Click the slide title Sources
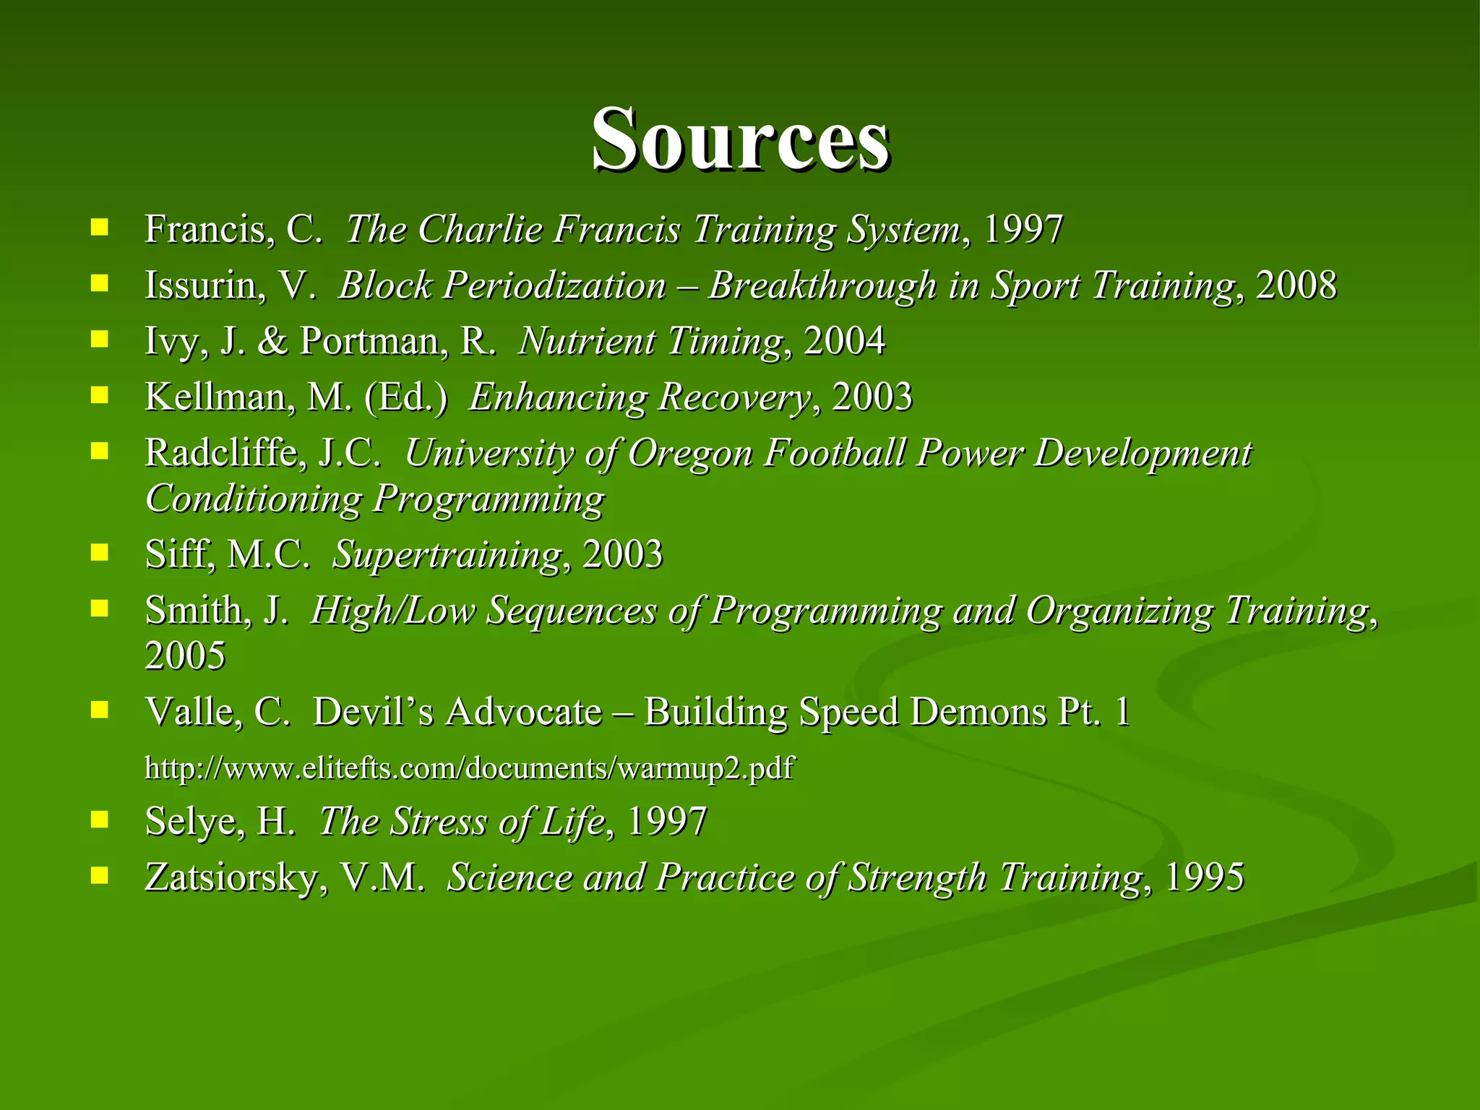[x=740, y=139]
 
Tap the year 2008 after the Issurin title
[x=1296, y=285]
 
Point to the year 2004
[x=844, y=341]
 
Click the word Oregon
[x=691, y=454]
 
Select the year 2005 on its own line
[x=185, y=656]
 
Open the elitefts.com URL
[x=469, y=767]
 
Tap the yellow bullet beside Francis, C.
[x=100, y=228]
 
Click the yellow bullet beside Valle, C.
[x=100, y=710]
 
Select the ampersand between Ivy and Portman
[x=272, y=341]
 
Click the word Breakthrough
[x=822, y=285]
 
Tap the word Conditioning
[x=254, y=499]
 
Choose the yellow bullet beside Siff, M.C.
[x=100, y=554]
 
